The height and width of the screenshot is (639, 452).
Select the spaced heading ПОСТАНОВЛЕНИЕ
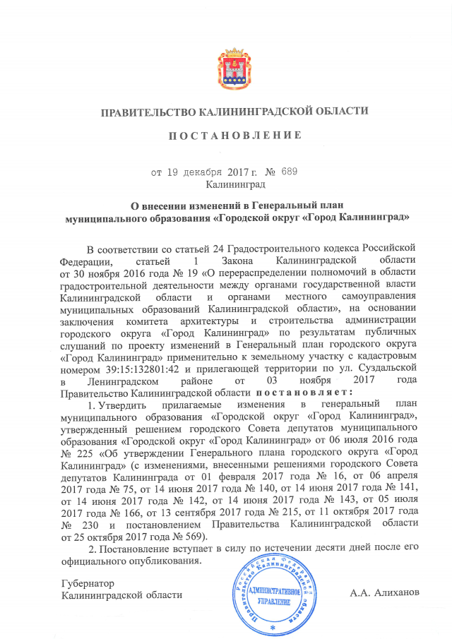pos(234,134)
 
